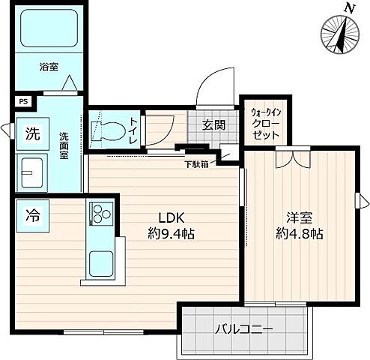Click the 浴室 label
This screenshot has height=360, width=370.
(x=49, y=66)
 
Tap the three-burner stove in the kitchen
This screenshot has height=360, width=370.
(x=101, y=214)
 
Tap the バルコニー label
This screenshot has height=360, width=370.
(x=243, y=328)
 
